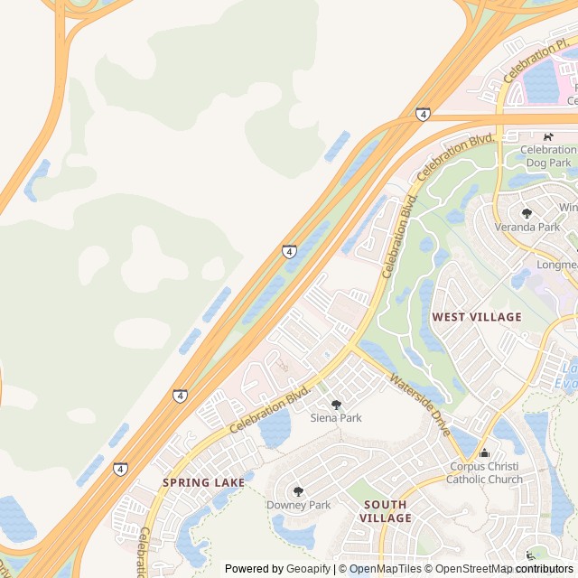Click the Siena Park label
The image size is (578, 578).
pos(336,418)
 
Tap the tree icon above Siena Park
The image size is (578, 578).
pos(336,406)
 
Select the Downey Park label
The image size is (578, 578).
pos(298,505)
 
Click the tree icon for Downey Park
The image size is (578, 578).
pos(298,492)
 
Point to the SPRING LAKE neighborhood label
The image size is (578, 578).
pos(203,482)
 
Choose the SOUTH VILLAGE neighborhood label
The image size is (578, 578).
pos(385,511)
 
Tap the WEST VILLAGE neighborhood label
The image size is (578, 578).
pos(476,317)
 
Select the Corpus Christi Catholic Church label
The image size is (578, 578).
pos(484,472)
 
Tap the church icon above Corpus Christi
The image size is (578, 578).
pos(484,453)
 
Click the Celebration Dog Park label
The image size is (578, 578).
pos(548,155)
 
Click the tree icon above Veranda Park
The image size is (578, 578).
pos(527,214)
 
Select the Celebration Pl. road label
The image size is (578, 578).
pos(536,59)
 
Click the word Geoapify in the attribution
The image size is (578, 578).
pos(307,569)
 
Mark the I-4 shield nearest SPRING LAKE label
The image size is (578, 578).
pos(120,469)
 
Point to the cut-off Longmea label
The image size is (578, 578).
pos(556,265)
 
